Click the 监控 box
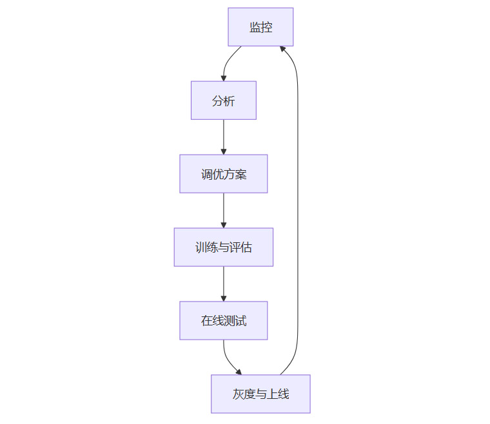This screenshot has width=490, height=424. coord(260,27)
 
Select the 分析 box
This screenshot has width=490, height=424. coord(223,101)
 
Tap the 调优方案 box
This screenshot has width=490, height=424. coord(223,174)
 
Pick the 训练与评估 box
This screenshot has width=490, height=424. coord(223,247)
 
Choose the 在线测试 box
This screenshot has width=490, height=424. coord(223,321)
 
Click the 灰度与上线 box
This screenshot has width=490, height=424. coord(260,394)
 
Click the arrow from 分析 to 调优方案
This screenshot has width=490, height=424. coord(224,137)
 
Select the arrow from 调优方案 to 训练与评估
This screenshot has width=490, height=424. coord(224,210)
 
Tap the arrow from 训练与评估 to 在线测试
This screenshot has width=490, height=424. coord(224,284)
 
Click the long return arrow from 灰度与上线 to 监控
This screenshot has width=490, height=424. coord(297,213)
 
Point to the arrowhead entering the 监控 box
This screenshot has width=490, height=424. coord(282,48)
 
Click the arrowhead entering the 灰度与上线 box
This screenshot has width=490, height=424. coord(239,372)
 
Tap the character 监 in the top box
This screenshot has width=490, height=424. coord(255,27)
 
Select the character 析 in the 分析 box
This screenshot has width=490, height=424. coord(229,101)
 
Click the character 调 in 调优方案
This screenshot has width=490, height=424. coord(206,174)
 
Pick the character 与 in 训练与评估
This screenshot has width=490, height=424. coord(224,247)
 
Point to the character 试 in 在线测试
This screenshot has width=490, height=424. coord(240,321)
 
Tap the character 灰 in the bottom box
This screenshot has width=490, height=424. coord(239,394)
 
